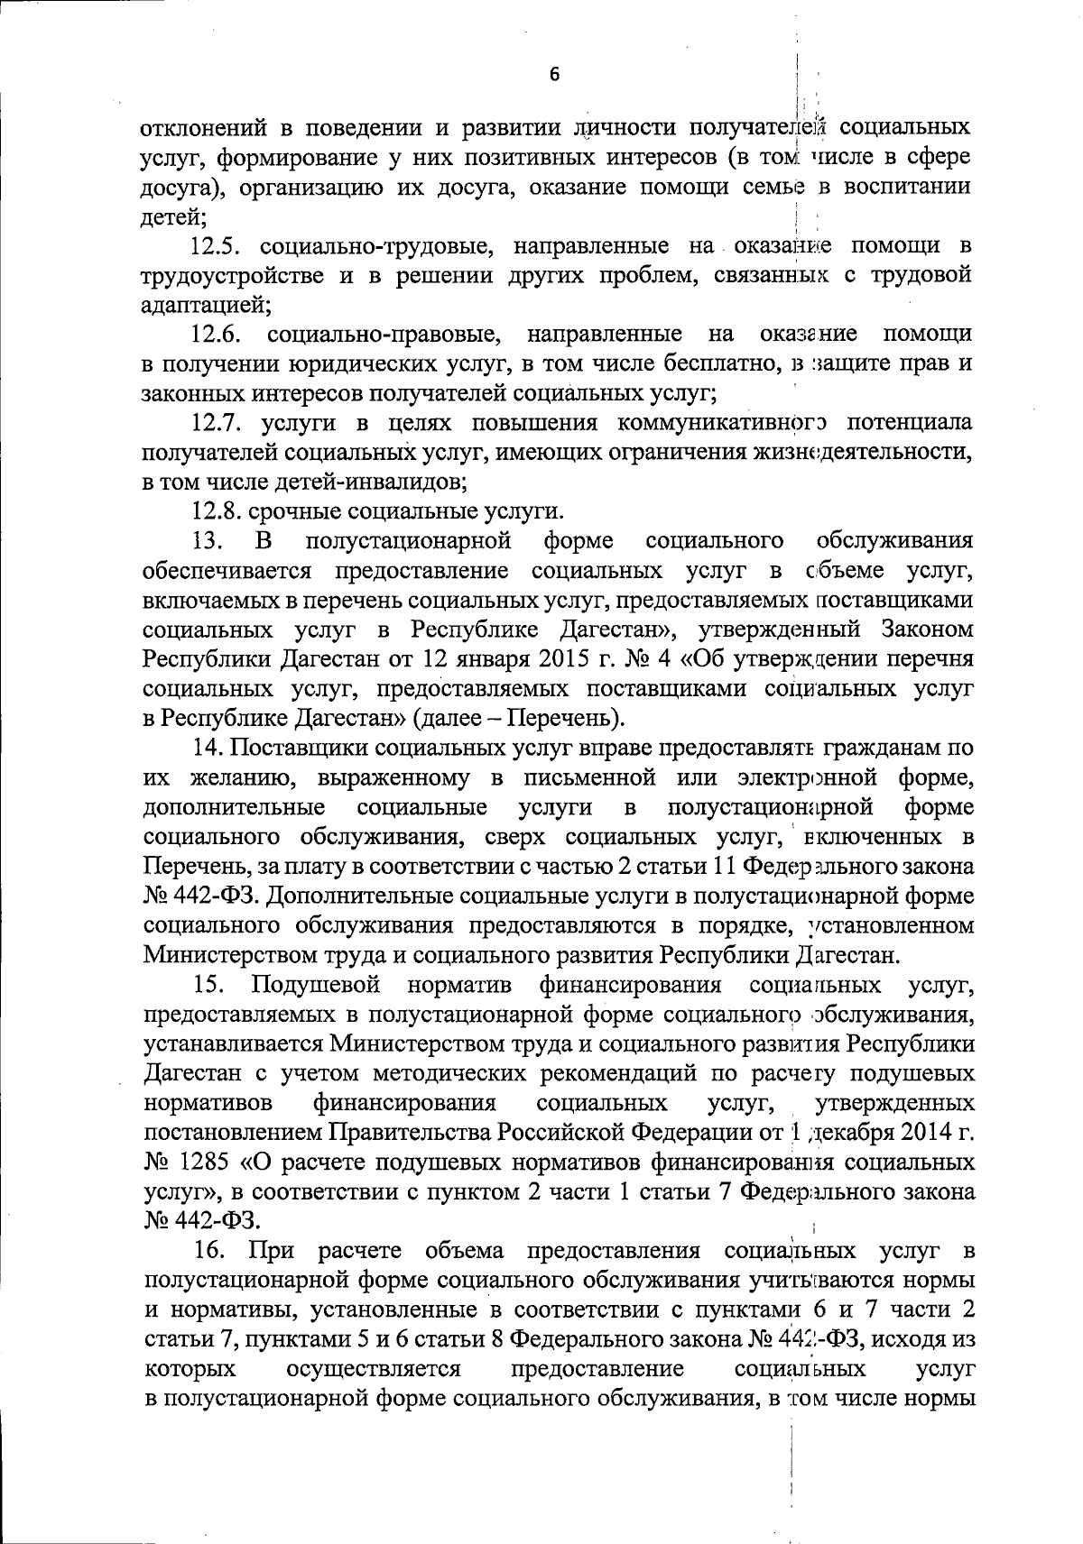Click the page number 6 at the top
pos(554,75)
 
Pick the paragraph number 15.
pos(208,985)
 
